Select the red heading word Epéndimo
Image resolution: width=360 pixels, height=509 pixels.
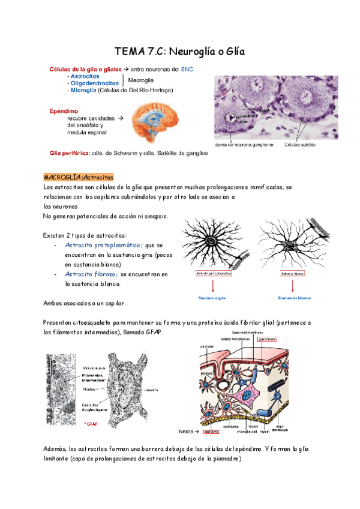click(64, 110)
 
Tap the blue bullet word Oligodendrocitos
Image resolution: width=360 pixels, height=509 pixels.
click(94, 83)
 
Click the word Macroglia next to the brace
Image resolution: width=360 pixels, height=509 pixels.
click(140, 80)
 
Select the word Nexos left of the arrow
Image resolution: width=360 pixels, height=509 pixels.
click(187, 432)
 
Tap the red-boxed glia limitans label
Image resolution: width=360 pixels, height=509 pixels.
click(268, 338)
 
